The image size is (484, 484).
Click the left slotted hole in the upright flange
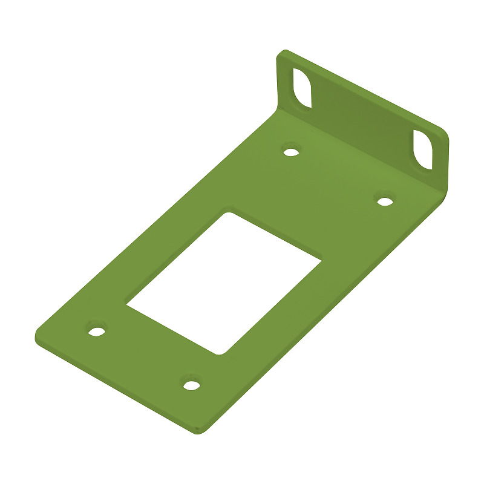(x=302, y=88)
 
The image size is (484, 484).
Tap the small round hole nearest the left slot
(x=292, y=151)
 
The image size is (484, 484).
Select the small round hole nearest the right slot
(x=384, y=200)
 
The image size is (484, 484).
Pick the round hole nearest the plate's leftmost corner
(x=96, y=331)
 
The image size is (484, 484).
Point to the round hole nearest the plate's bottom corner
(x=191, y=384)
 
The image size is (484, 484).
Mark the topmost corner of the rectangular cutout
(x=227, y=212)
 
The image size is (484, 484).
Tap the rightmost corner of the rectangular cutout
(x=320, y=260)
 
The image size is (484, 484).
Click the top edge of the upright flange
(x=363, y=91)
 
